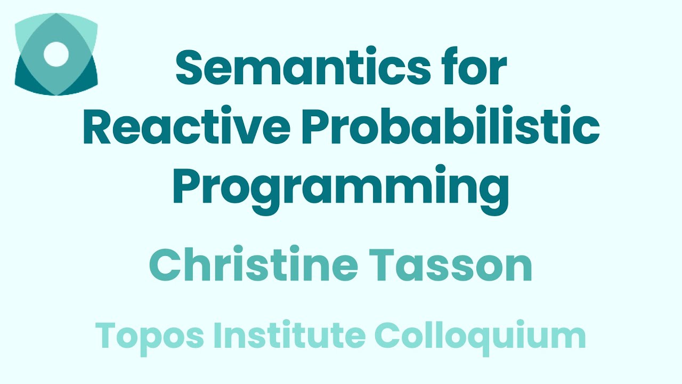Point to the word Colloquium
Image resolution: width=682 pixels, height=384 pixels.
point(480,335)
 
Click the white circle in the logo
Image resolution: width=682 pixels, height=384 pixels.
point(56,54)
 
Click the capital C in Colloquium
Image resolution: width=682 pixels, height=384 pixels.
point(389,335)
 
